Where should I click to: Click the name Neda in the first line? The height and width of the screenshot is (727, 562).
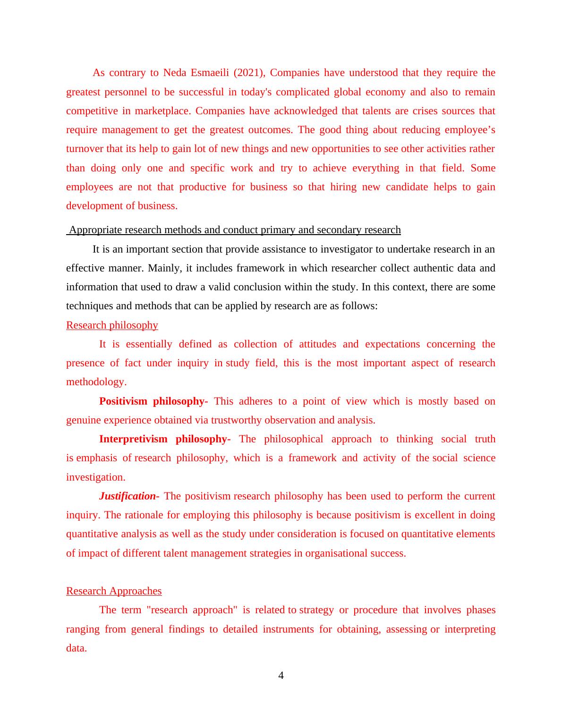(175, 73)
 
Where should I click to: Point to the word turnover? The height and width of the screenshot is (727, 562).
(85, 149)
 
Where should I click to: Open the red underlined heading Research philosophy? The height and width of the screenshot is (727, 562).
(112, 325)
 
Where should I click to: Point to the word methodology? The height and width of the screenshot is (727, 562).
(96, 382)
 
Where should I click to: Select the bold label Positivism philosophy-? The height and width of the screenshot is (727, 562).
(153, 401)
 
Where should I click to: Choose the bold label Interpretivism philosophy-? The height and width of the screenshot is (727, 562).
(164, 439)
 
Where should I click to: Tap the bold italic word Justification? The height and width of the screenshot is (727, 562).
(127, 496)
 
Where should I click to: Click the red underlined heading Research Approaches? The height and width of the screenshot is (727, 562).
(114, 591)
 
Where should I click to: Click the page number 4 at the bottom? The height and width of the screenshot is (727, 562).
(281, 676)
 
